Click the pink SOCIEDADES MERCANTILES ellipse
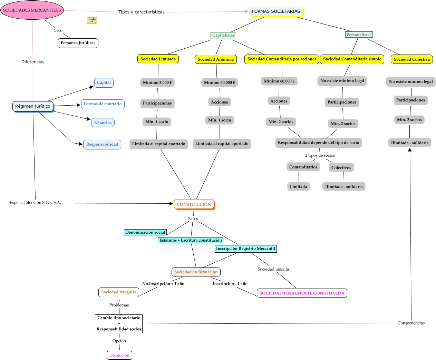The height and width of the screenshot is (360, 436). pyautogui.click(x=32, y=10)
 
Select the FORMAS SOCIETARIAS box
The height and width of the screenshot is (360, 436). pyautogui.click(x=276, y=11)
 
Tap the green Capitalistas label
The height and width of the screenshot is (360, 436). pyautogui.click(x=223, y=35)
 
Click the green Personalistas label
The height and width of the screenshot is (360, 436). pyautogui.click(x=359, y=35)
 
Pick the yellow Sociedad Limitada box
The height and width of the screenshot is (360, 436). pyautogui.click(x=158, y=59)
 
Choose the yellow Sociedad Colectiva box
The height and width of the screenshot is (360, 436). pyautogui.click(x=412, y=59)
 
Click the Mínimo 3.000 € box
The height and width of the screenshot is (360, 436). pyautogui.click(x=157, y=82)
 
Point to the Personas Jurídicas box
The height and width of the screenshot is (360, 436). pyautogui.click(x=78, y=43)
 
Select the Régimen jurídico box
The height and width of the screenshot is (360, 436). pyautogui.click(x=33, y=106)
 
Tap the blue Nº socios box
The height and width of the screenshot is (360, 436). pyautogui.click(x=103, y=123)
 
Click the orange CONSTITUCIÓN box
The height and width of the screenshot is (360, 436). pyautogui.click(x=194, y=204)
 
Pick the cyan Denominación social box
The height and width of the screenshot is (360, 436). pyautogui.click(x=145, y=232)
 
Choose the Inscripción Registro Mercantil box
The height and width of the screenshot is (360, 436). pyautogui.click(x=245, y=249)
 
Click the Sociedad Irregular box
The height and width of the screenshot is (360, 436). pyautogui.click(x=119, y=292)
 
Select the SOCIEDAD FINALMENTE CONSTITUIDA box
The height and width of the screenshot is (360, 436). pyautogui.click(x=302, y=293)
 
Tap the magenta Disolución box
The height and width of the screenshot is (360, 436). pyautogui.click(x=119, y=355)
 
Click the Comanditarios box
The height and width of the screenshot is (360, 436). pyautogui.click(x=303, y=167)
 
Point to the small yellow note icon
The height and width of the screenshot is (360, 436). pyautogui.click(x=92, y=20)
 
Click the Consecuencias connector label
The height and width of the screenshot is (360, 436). pyautogui.click(x=411, y=323)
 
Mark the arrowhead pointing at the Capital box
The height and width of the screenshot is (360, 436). pyautogui.click(x=91, y=87)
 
